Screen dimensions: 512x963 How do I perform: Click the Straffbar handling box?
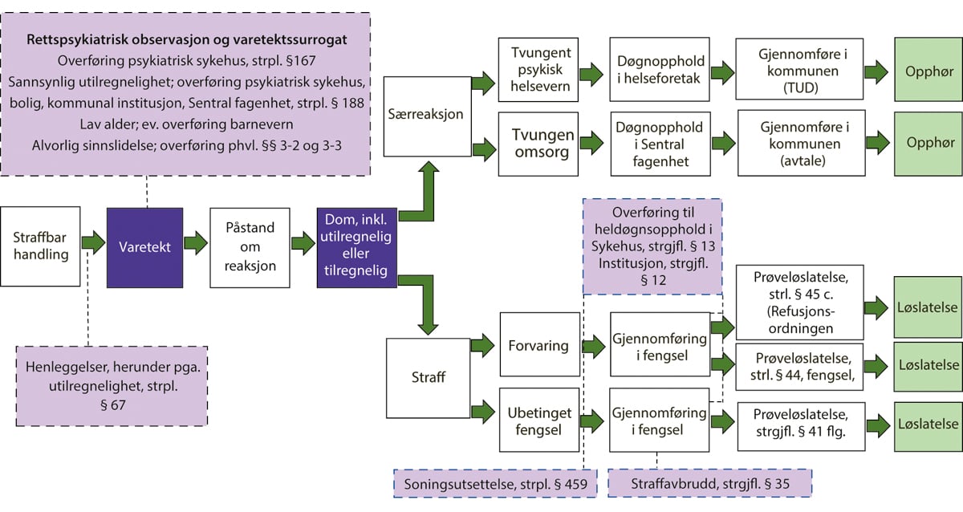click(41, 246)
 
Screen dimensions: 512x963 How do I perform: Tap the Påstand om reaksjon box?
click(249, 247)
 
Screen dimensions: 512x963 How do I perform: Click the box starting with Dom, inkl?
click(356, 247)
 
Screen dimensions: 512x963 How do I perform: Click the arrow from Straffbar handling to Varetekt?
click(94, 242)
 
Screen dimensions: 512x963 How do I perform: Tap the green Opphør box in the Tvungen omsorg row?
click(917, 143)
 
